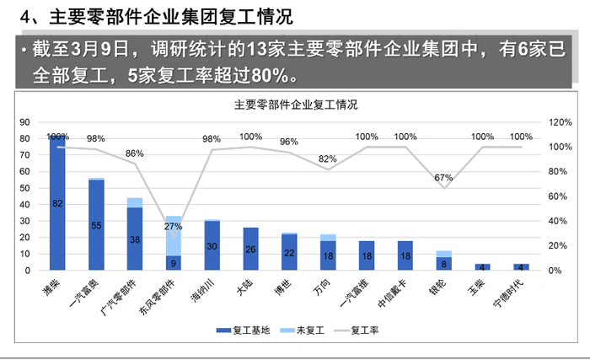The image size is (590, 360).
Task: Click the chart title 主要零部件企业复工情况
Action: [295, 105]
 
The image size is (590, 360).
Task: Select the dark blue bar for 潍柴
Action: [57, 211]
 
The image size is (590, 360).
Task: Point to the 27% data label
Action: [173, 227]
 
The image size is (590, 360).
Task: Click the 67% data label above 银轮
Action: [444, 178]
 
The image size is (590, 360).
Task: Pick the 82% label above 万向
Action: [328, 159]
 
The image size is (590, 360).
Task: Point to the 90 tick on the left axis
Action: [24, 122]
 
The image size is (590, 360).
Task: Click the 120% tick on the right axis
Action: [560, 122]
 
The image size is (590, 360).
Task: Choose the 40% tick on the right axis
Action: [558, 221]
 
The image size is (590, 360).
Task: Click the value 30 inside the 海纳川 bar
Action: [212, 247]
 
